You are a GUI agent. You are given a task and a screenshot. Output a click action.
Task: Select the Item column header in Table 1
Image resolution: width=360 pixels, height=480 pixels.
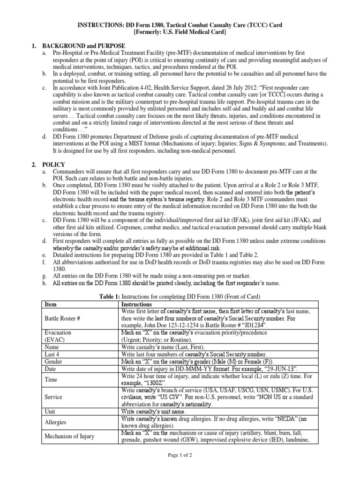50,304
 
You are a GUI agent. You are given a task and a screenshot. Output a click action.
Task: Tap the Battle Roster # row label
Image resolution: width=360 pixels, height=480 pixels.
62,318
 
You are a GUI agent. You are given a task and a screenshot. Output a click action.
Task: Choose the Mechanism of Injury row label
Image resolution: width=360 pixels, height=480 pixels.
69,436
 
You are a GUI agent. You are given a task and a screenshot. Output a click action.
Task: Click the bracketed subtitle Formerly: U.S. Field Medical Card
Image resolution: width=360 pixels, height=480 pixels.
180,31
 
